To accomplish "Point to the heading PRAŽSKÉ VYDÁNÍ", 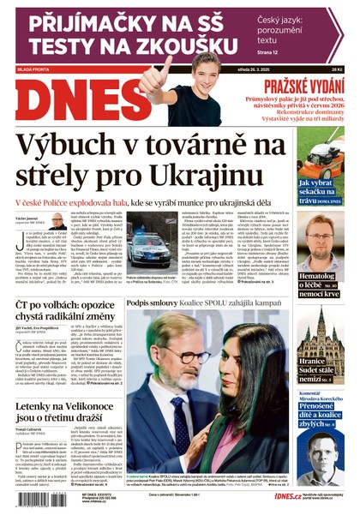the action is [303, 86].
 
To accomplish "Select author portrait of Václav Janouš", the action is [57, 221].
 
